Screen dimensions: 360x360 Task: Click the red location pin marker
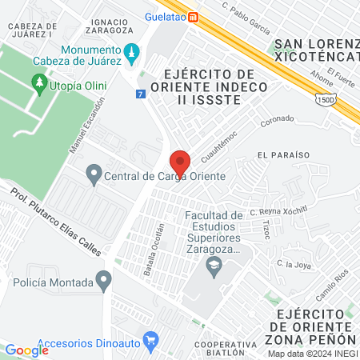180,163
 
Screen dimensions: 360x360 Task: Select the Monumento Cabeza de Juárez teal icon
134,52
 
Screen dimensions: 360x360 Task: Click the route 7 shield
141,94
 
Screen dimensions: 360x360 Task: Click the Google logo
27,350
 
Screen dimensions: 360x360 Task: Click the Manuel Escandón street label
88,126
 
